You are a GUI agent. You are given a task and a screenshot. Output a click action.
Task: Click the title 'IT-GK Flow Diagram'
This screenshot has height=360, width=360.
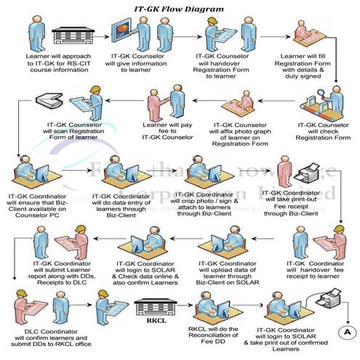click(x=180, y=7)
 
